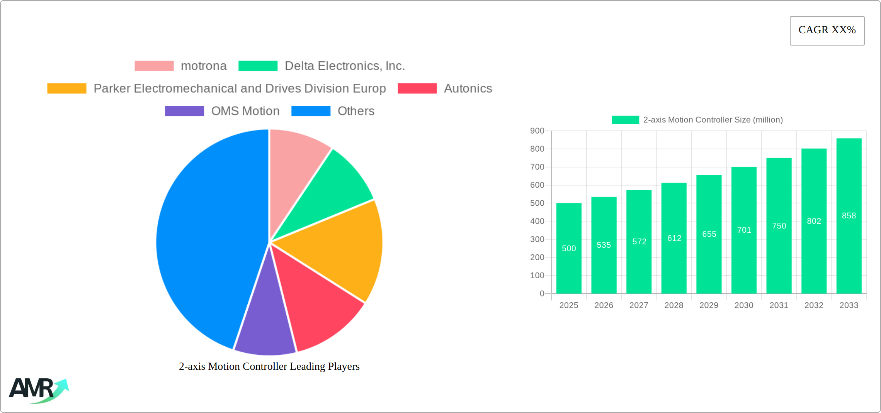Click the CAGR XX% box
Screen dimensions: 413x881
pos(827,30)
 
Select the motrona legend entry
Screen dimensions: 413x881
pos(180,66)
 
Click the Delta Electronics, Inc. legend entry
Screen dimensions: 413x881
pos(321,66)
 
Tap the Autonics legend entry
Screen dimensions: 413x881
pos(445,88)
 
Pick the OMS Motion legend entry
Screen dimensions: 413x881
pos(222,111)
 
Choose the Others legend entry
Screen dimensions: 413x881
pos(333,111)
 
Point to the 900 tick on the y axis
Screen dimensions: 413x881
pos(537,131)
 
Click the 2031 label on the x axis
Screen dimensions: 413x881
pos(779,305)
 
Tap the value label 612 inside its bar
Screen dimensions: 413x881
pos(674,238)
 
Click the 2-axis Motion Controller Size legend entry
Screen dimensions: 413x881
pos(697,120)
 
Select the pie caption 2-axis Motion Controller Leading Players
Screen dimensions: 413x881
pos(269,366)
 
